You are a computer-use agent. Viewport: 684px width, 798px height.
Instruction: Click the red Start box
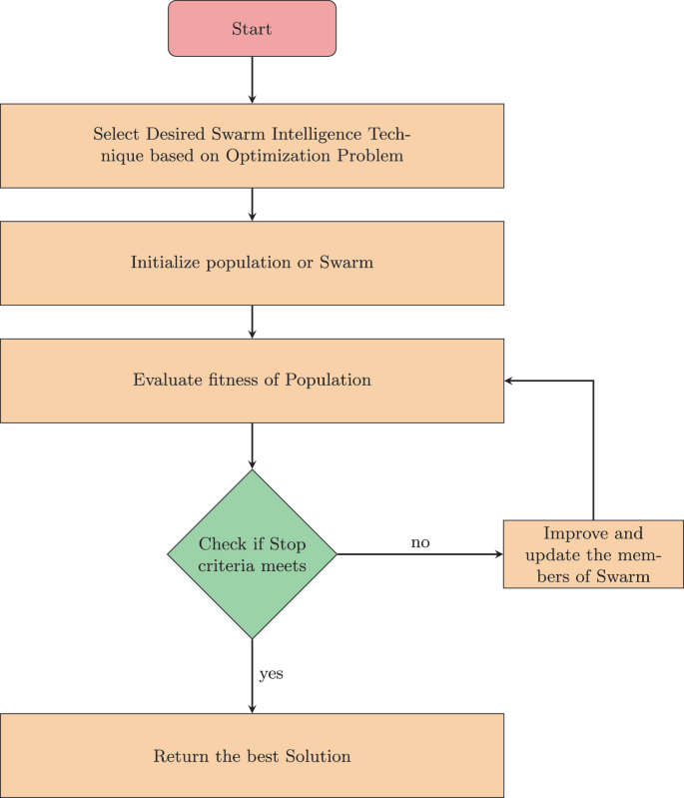pyautogui.click(x=252, y=29)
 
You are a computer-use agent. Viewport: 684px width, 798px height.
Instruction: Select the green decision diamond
pyautogui.click(x=252, y=554)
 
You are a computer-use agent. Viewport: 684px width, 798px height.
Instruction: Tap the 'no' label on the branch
pyautogui.click(x=420, y=542)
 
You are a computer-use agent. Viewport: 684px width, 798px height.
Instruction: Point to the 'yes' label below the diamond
pyautogui.click(x=271, y=674)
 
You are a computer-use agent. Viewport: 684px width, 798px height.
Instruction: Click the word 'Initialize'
pyautogui.click(x=165, y=263)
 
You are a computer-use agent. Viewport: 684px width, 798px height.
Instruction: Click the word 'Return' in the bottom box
pyautogui.click(x=177, y=756)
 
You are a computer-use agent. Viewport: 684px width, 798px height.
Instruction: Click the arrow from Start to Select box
pyautogui.click(x=252, y=80)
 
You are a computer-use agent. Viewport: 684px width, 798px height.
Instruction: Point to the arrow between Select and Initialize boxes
pyautogui.click(x=252, y=204)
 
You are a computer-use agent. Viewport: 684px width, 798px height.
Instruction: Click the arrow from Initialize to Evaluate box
pyautogui.click(x=252, y=321)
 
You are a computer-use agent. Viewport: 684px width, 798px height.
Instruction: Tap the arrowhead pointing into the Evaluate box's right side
pyautogui.click(x=509, y=381)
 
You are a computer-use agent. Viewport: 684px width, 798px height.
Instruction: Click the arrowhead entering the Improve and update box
pyautogui.click(x=497, y=553)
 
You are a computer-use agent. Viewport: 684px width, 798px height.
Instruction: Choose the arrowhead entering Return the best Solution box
pyautogui.click(x=252, y=708)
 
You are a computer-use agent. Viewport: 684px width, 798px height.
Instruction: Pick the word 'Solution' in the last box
pyautogui.click(x=318, y=756)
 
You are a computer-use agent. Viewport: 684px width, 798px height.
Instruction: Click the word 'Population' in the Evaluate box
pyautogui.click(x=329, y=380)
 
